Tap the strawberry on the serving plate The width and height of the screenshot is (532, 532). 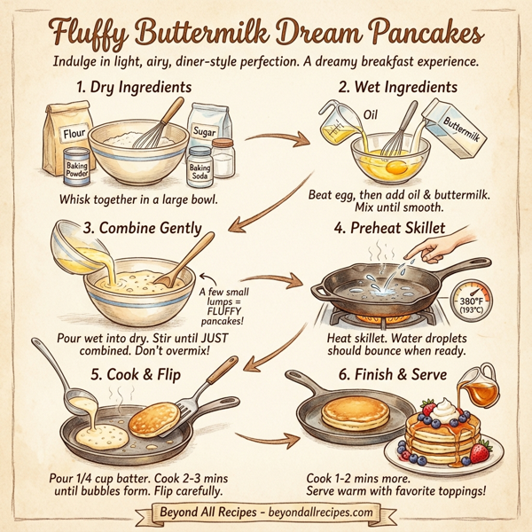(480, 453)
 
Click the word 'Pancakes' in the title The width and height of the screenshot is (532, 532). (412, 35)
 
